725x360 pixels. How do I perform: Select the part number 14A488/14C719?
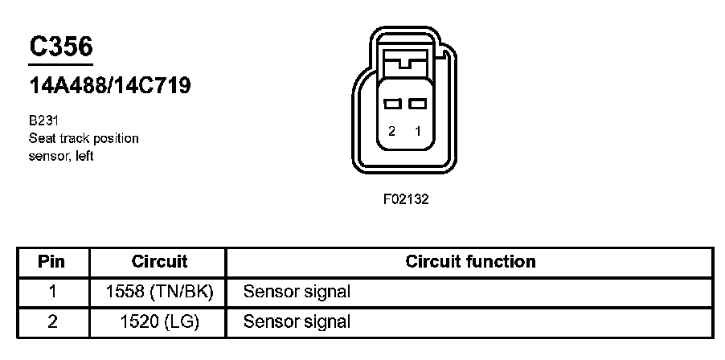[x=109, y=86]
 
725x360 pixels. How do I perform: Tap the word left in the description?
[x=83, y=156]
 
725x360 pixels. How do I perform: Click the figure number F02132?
[x=405, y=199]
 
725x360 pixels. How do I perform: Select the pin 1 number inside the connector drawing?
[x=417, y=132]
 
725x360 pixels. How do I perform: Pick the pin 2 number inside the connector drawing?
[x=391, y=132]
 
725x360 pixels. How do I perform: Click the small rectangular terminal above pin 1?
[x=416, y=104]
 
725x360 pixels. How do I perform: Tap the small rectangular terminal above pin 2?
[x=392, y=104]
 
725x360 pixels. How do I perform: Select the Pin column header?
[x=52, y=261]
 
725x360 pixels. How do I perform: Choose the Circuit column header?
[x=159, y=261]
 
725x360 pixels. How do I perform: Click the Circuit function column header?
[x=470, y=261]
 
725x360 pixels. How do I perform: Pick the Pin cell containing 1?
[x=52, y=291]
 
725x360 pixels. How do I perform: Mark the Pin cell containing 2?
[x=52, y=322]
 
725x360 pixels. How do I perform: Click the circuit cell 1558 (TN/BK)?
[x=159, y=291]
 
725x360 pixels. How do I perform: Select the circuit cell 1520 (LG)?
[x=159, y=322]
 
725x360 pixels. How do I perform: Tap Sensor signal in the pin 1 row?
[x=297, y=291]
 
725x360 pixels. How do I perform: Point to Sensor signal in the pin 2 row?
[x=297, y=322]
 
